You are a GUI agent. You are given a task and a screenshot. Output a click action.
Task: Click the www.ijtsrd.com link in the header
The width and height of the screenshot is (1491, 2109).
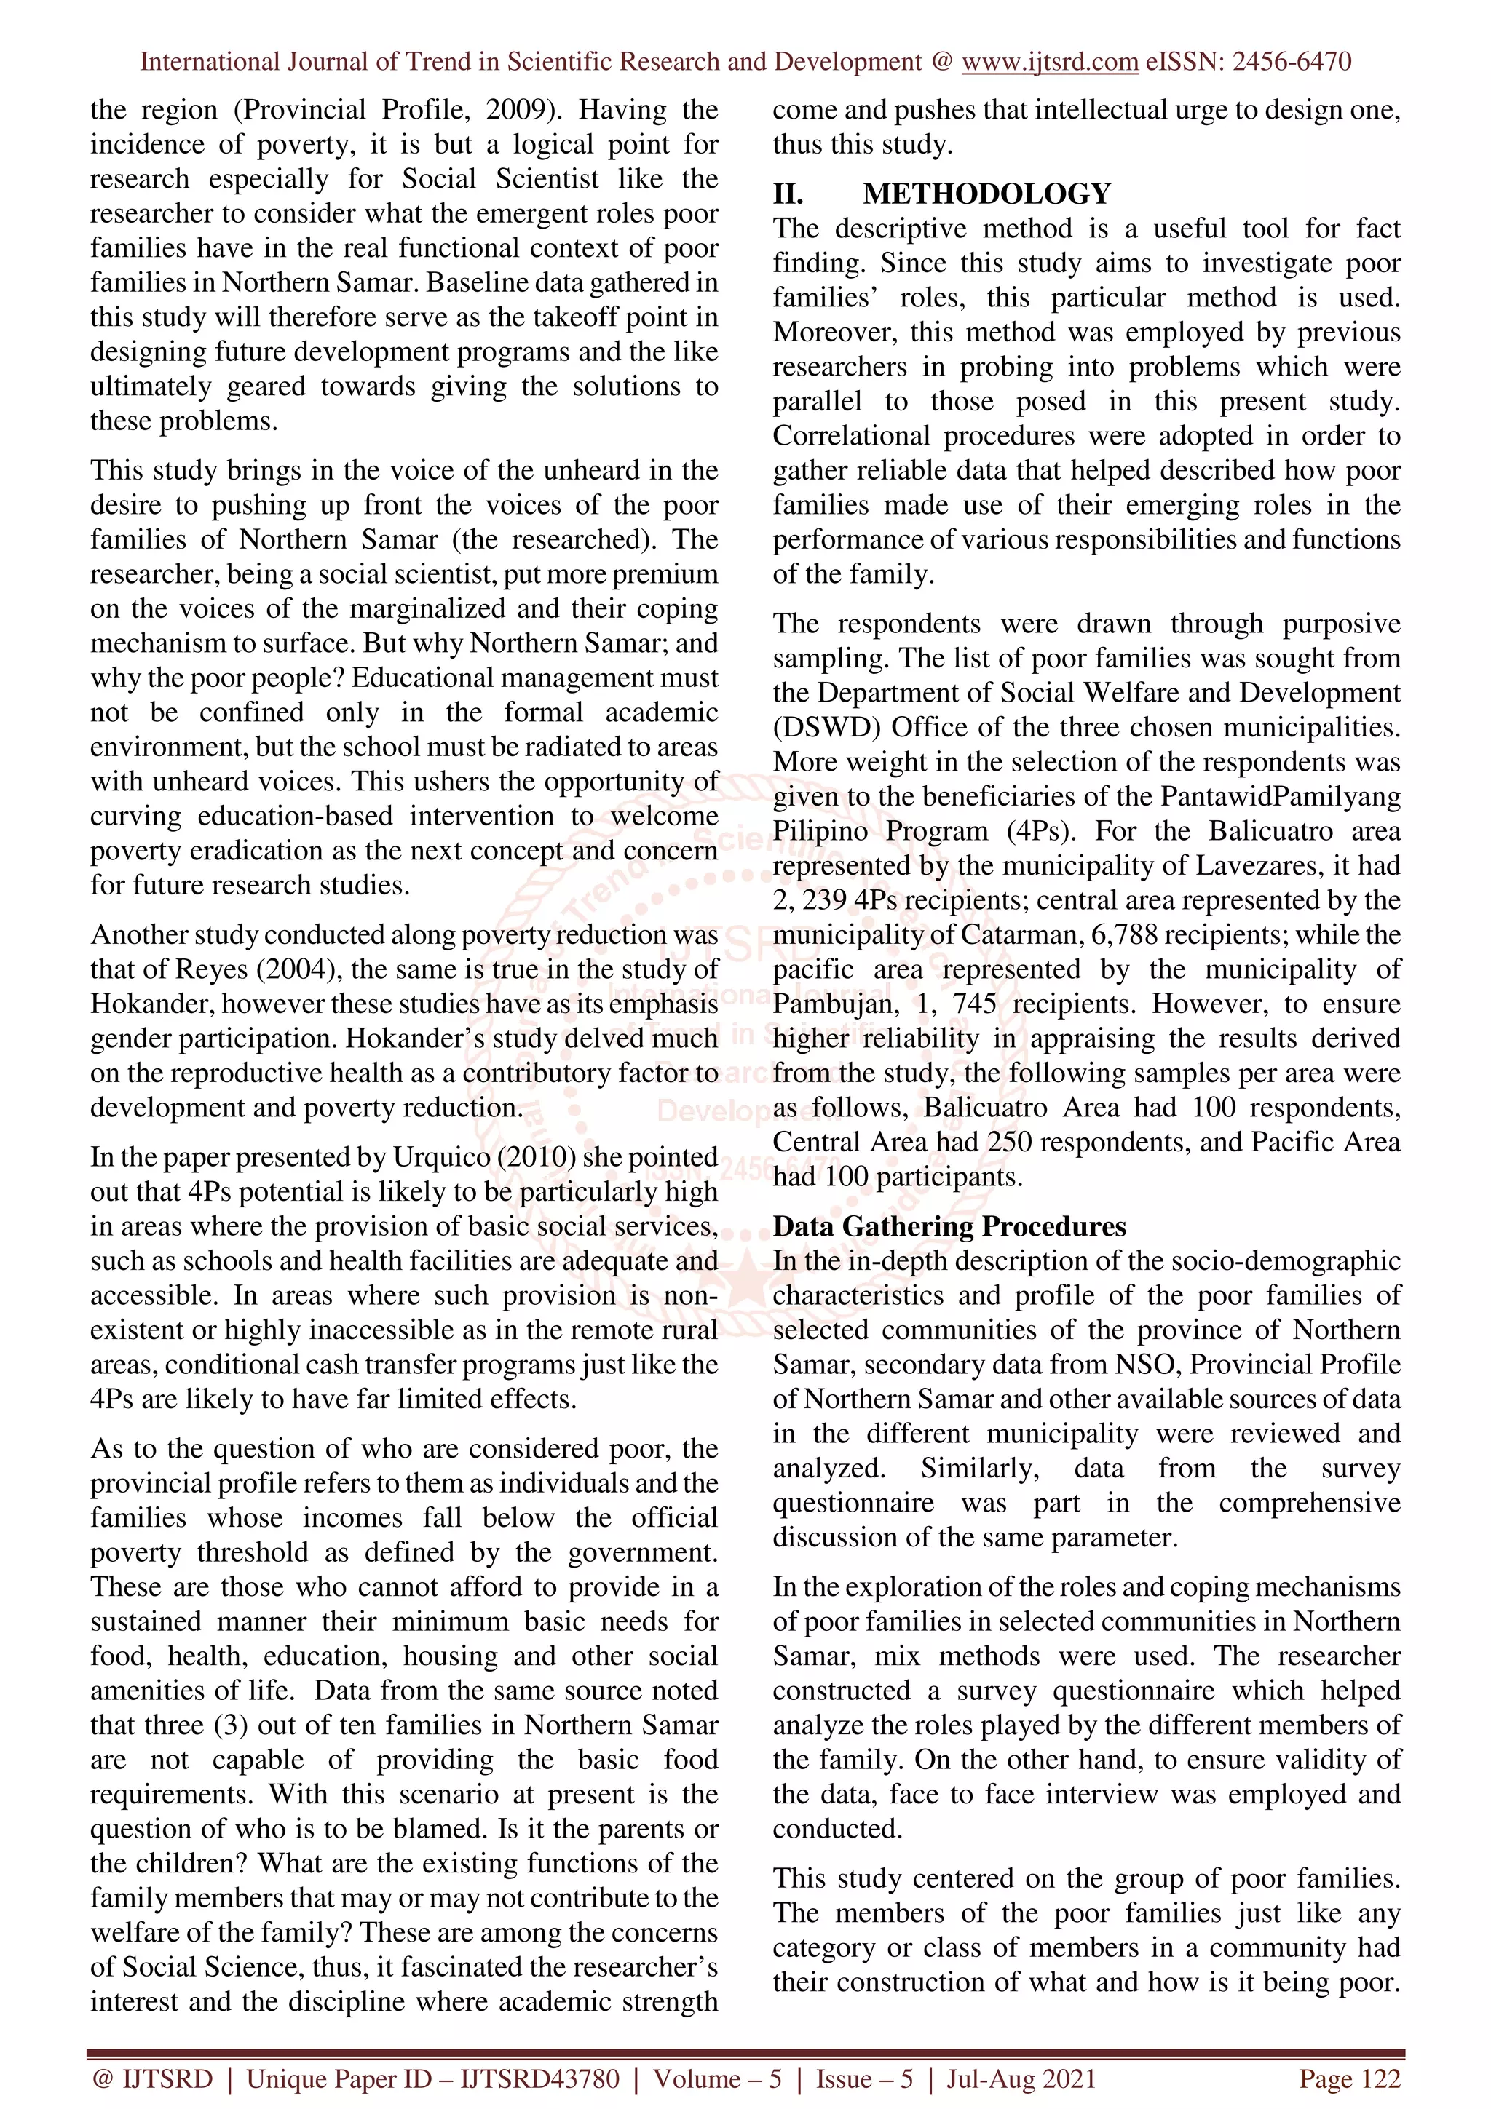(1049, 62)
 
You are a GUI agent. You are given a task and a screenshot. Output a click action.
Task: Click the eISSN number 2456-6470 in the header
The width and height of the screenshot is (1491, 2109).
(1292, 62)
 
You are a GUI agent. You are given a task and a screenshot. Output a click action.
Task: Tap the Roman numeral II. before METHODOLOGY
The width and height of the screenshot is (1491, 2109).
(788, 194)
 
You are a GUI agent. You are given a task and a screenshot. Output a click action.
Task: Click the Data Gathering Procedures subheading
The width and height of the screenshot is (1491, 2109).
(949, 1226)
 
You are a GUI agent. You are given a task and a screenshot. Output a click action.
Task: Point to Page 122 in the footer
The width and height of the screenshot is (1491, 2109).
(1348, 2078)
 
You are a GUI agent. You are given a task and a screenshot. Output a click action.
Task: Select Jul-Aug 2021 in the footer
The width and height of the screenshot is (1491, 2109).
(1021, 2078)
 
